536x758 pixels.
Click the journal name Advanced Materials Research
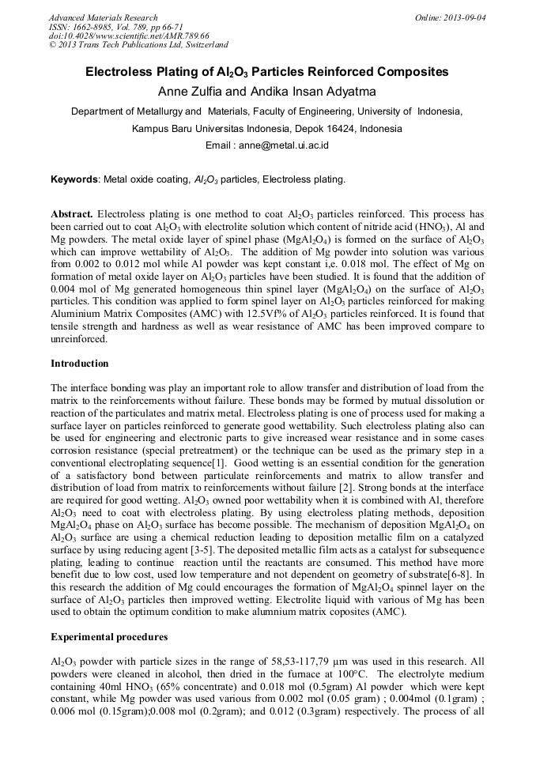103,17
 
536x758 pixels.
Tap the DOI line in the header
129,36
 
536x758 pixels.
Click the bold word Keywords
74,179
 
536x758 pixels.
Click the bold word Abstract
72,214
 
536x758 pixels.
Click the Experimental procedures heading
108,636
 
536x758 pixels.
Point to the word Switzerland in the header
199,45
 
